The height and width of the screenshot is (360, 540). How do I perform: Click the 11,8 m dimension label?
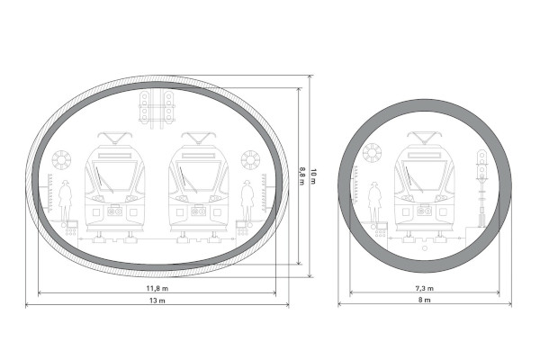click(x=157, y=288)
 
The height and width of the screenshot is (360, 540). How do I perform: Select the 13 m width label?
click(x=157, y=301)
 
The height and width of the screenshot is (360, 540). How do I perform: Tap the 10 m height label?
click(x=312, y=176)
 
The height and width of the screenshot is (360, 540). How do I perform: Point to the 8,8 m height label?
click(x=301, y=176)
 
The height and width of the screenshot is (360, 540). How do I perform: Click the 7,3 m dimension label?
click(x=424, y=288)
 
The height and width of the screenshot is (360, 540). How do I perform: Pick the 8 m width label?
click(x=424, y=300)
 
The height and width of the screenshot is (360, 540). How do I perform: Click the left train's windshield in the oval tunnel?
click(x=114, y=175)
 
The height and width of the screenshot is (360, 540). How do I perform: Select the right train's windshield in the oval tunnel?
click(x=198, y=175)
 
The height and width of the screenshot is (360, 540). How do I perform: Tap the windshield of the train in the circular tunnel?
click(x=424, y=175)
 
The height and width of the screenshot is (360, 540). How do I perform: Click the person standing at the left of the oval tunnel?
click(x=65, y=201)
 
